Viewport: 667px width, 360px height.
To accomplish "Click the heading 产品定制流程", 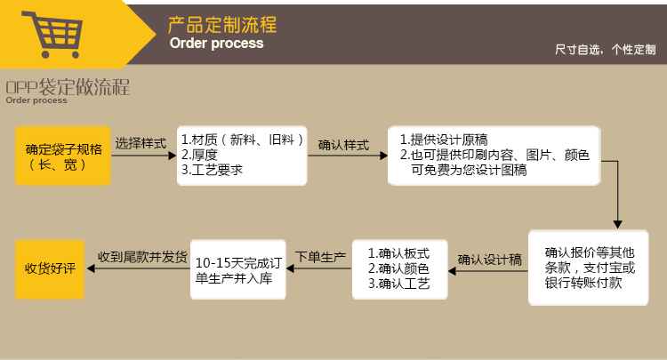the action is [x=222, y=24].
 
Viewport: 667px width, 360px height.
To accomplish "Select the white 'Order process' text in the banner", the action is [x=216, y=43].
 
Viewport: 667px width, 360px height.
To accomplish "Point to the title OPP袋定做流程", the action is [x=68, y=87].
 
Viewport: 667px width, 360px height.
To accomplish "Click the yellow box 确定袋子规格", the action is [x=63, y=156].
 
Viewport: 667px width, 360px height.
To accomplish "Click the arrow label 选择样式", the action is [x=141, y=143].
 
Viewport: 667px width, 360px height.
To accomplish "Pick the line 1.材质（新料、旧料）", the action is [x=243, y=140].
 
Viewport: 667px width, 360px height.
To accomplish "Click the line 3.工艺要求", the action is [x=212, y=169].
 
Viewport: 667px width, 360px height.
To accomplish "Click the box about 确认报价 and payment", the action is [x=590, y=267].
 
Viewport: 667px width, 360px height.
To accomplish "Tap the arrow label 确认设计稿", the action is [x=489, y=260].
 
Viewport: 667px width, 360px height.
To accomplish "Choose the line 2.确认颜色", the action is [x=398, y=268].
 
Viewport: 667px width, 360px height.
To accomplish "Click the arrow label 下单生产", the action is [x=320, y=257].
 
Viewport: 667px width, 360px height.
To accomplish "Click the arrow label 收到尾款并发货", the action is [x=142, y=257].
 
